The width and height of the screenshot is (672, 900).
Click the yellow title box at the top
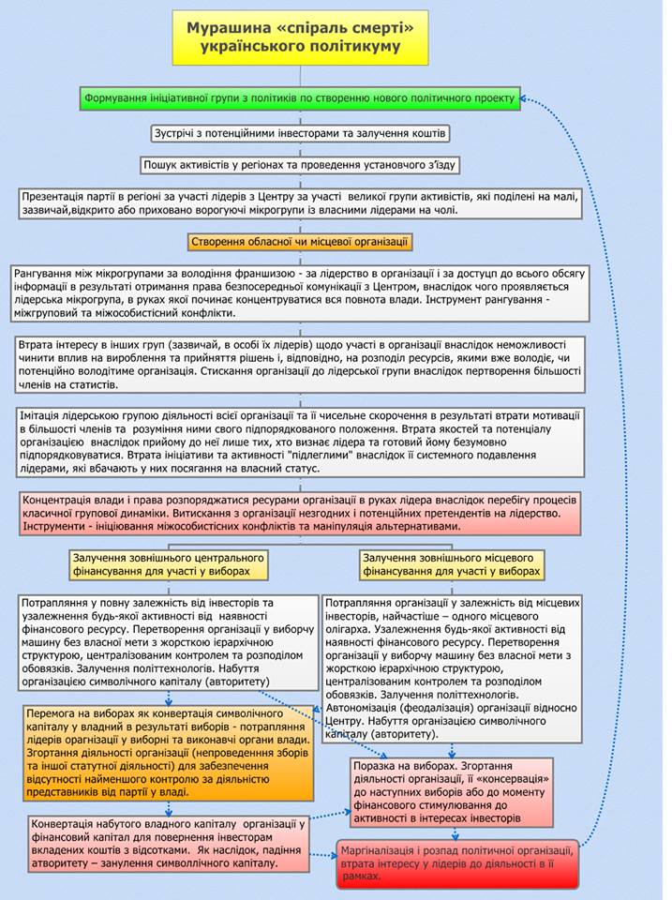point(300,37)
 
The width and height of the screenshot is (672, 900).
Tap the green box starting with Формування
point(300,97)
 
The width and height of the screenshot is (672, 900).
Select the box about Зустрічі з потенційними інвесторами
point(300,133)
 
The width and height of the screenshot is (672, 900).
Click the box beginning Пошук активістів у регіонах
point(300,165)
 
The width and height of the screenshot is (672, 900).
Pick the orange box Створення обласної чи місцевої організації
point(300,242)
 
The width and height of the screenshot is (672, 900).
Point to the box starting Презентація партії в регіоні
point(300,203)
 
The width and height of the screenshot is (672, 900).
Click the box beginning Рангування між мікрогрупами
point(300,293)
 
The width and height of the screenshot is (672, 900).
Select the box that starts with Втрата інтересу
point(300,365)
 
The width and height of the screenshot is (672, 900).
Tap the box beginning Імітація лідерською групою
point(300,441)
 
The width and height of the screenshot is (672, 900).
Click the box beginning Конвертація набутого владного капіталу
point(169,842)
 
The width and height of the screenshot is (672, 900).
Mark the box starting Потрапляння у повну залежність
point(169,642)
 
